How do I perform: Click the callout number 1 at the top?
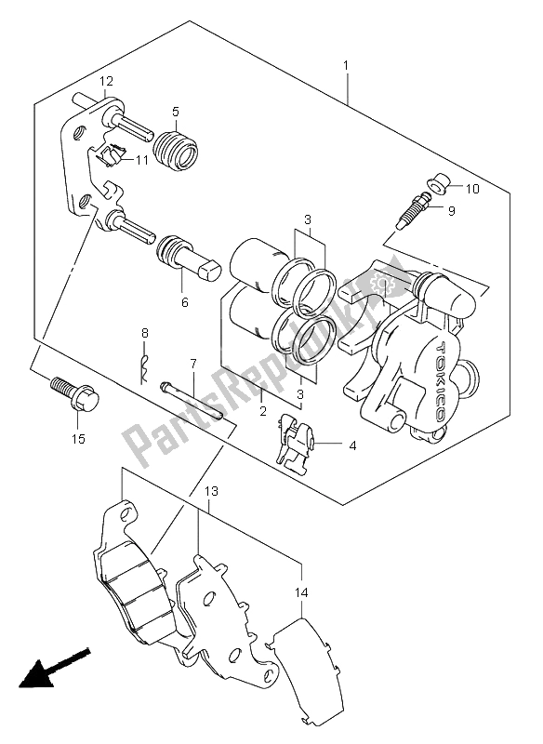pos(347,66)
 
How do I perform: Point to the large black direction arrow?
pos(52,671)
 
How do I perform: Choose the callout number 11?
pos(140,161)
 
